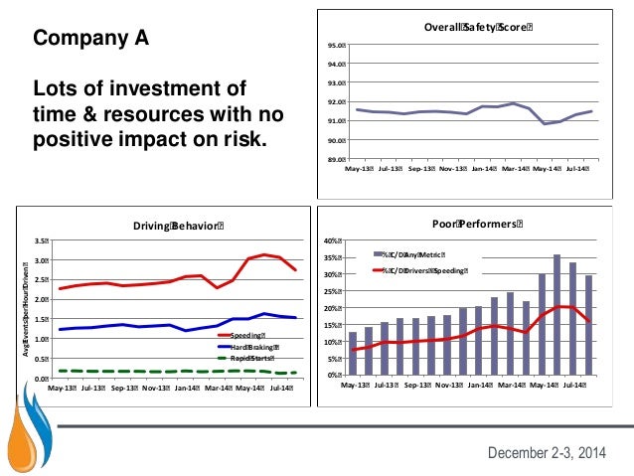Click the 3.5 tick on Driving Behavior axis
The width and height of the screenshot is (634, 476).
point(41,240)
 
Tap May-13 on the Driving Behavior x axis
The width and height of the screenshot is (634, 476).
point(65,389)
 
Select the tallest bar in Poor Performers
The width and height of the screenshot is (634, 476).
point(556,315)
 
